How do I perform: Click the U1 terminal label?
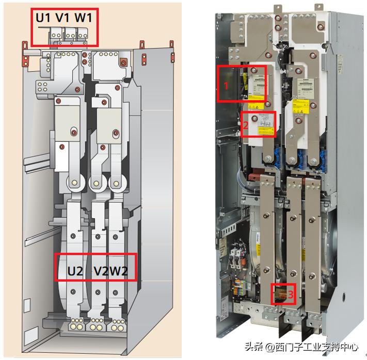[x=43, y=18]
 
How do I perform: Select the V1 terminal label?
[x=63, y=18]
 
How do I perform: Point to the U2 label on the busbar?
[x=75, y=271]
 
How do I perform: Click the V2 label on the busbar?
[x=102, y=271]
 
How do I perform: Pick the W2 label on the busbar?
[x=121, y=271]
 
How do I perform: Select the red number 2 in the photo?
[x=246, y=125]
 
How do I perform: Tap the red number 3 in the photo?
[x=291, y=295]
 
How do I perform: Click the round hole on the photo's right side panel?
[x=344, y=298]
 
